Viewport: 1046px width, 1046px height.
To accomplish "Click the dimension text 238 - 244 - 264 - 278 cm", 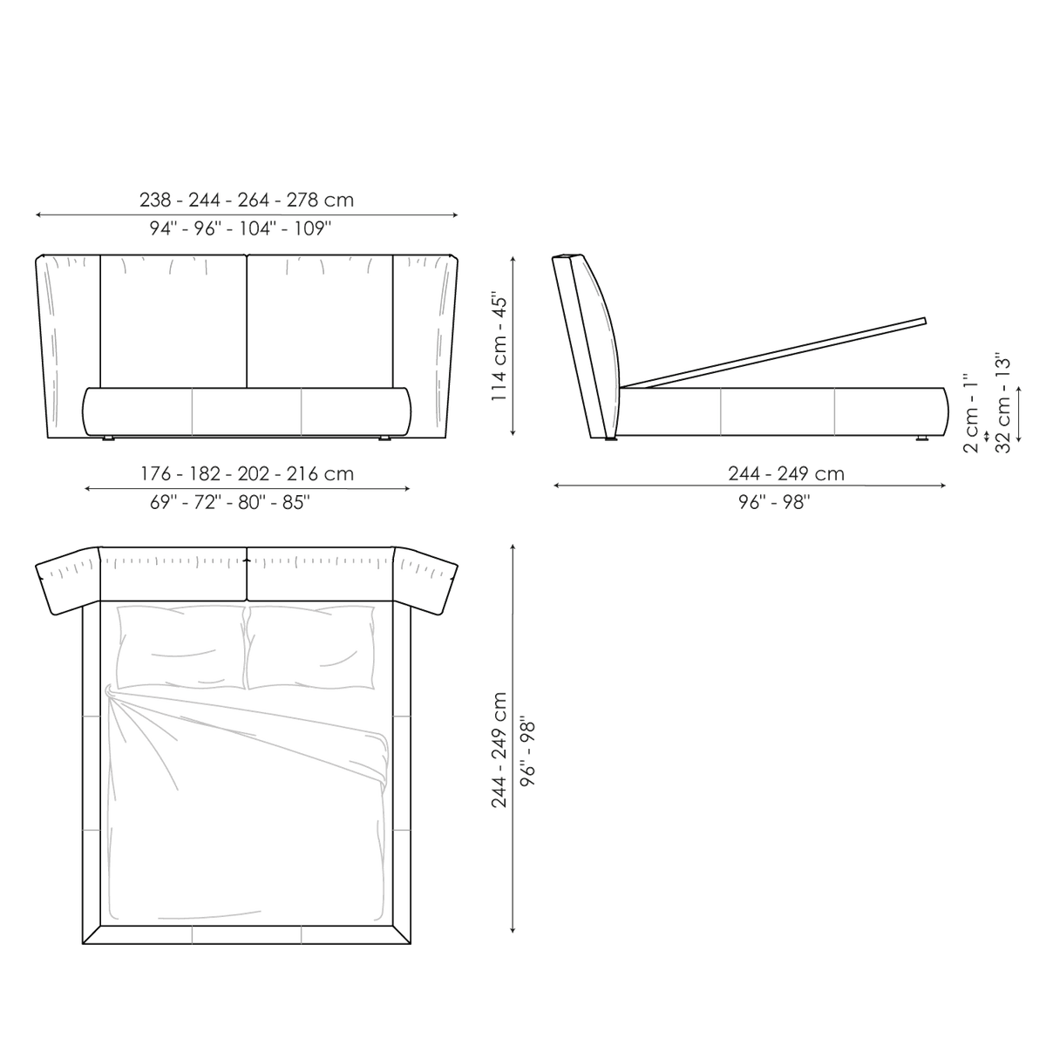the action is (x=247, y=200).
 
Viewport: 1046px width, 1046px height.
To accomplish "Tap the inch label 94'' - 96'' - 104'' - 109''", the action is (x=241, y=228).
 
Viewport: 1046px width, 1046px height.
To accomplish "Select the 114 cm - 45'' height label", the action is (x=499, y=349).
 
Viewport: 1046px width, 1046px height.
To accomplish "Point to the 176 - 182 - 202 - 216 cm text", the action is (x=247, y=474).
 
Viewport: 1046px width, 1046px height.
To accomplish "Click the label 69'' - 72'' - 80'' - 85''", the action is (x=229, y=503).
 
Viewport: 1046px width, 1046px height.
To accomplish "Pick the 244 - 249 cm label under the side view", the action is (x=786, y=474).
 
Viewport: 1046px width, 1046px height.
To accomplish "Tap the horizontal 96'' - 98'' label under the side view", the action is (x=774, y=503).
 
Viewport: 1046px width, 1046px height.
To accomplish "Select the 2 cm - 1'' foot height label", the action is (x=970, y=413).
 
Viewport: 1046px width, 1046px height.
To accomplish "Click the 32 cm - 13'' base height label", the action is (x=1003, y=404).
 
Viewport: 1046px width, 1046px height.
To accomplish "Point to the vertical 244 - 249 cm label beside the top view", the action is (x=499, y=751).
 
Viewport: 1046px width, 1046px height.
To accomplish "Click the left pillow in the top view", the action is (x=180, y=647).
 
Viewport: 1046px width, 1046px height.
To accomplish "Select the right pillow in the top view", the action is (x=310, y=647).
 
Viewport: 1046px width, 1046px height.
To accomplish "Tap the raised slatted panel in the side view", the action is (x=773, y=353).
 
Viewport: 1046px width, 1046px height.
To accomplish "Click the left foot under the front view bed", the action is (x=108, y=438).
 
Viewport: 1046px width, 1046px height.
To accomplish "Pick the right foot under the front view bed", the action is (x=384, y=438).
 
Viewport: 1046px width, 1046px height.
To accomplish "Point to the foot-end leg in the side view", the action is (x=922, y=438).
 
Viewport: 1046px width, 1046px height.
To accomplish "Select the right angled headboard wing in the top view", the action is (x=425, y=580).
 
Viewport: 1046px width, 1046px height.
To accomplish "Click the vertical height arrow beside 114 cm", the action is (x=513, y=346).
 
